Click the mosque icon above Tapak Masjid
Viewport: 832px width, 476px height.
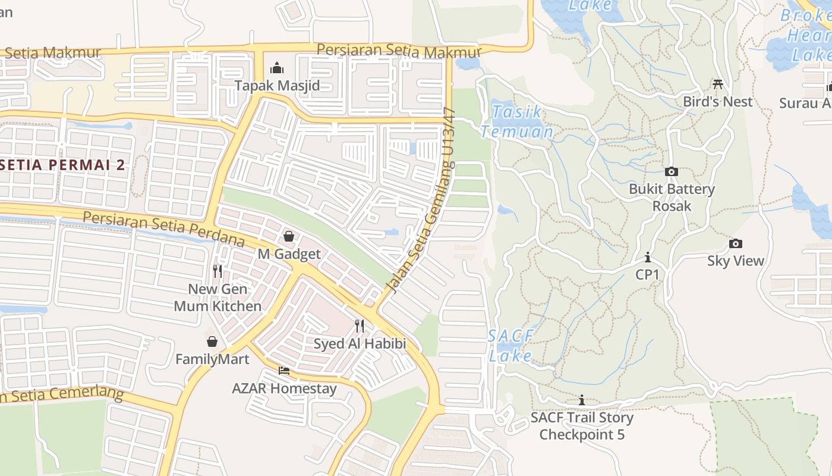tap(277, 68)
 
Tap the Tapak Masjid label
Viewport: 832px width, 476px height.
tap(277, 86)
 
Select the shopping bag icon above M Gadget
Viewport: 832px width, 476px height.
tap(289, 237)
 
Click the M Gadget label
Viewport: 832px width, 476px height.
tap(289, 254)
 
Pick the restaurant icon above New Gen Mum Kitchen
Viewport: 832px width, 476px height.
tap(218, 271)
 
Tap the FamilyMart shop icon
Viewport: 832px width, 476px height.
tap(212, 342)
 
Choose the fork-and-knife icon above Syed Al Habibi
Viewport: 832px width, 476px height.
tap(360, 326)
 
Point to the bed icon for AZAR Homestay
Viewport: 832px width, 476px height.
tap(284, 371)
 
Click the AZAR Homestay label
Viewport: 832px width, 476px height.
tap(284, 389)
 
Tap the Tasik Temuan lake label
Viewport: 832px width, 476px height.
tap(517, 121)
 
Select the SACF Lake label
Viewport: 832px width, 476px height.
tap(511, 346)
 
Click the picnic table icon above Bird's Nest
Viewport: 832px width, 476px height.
tap(718, 84)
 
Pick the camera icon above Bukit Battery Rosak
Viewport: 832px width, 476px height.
tap(672, 172)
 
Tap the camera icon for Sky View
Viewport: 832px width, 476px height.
tap(736, 243)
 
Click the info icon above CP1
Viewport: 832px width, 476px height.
tap(647, 258)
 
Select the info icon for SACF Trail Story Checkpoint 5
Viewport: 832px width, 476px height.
tap(582, 400)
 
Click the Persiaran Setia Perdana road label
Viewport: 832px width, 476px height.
tap(163, 228)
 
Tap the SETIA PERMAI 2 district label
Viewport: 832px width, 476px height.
tap(62, 165)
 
